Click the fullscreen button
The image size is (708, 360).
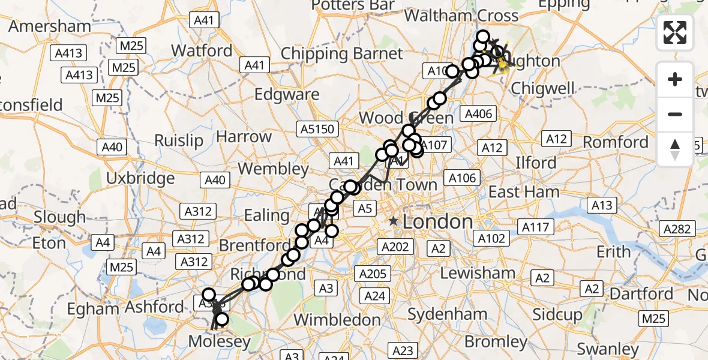[675, 32]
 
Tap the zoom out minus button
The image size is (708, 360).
[675, 114]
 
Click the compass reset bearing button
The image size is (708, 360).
[675, 149]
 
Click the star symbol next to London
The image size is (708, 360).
[393, 221]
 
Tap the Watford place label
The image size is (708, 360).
[203, 50]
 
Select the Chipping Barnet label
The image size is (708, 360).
[342, 54]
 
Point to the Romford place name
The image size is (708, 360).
[616, 143]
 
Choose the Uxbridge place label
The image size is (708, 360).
[140, 178]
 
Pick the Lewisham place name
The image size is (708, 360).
[478, 274]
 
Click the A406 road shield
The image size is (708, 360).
[478, 114]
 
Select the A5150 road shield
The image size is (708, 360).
[317, 129]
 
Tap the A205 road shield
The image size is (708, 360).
[373, 274]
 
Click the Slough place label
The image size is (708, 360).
[59, 217]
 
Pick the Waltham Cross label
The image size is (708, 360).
[461, 16]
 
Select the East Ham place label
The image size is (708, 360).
[524, 192]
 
